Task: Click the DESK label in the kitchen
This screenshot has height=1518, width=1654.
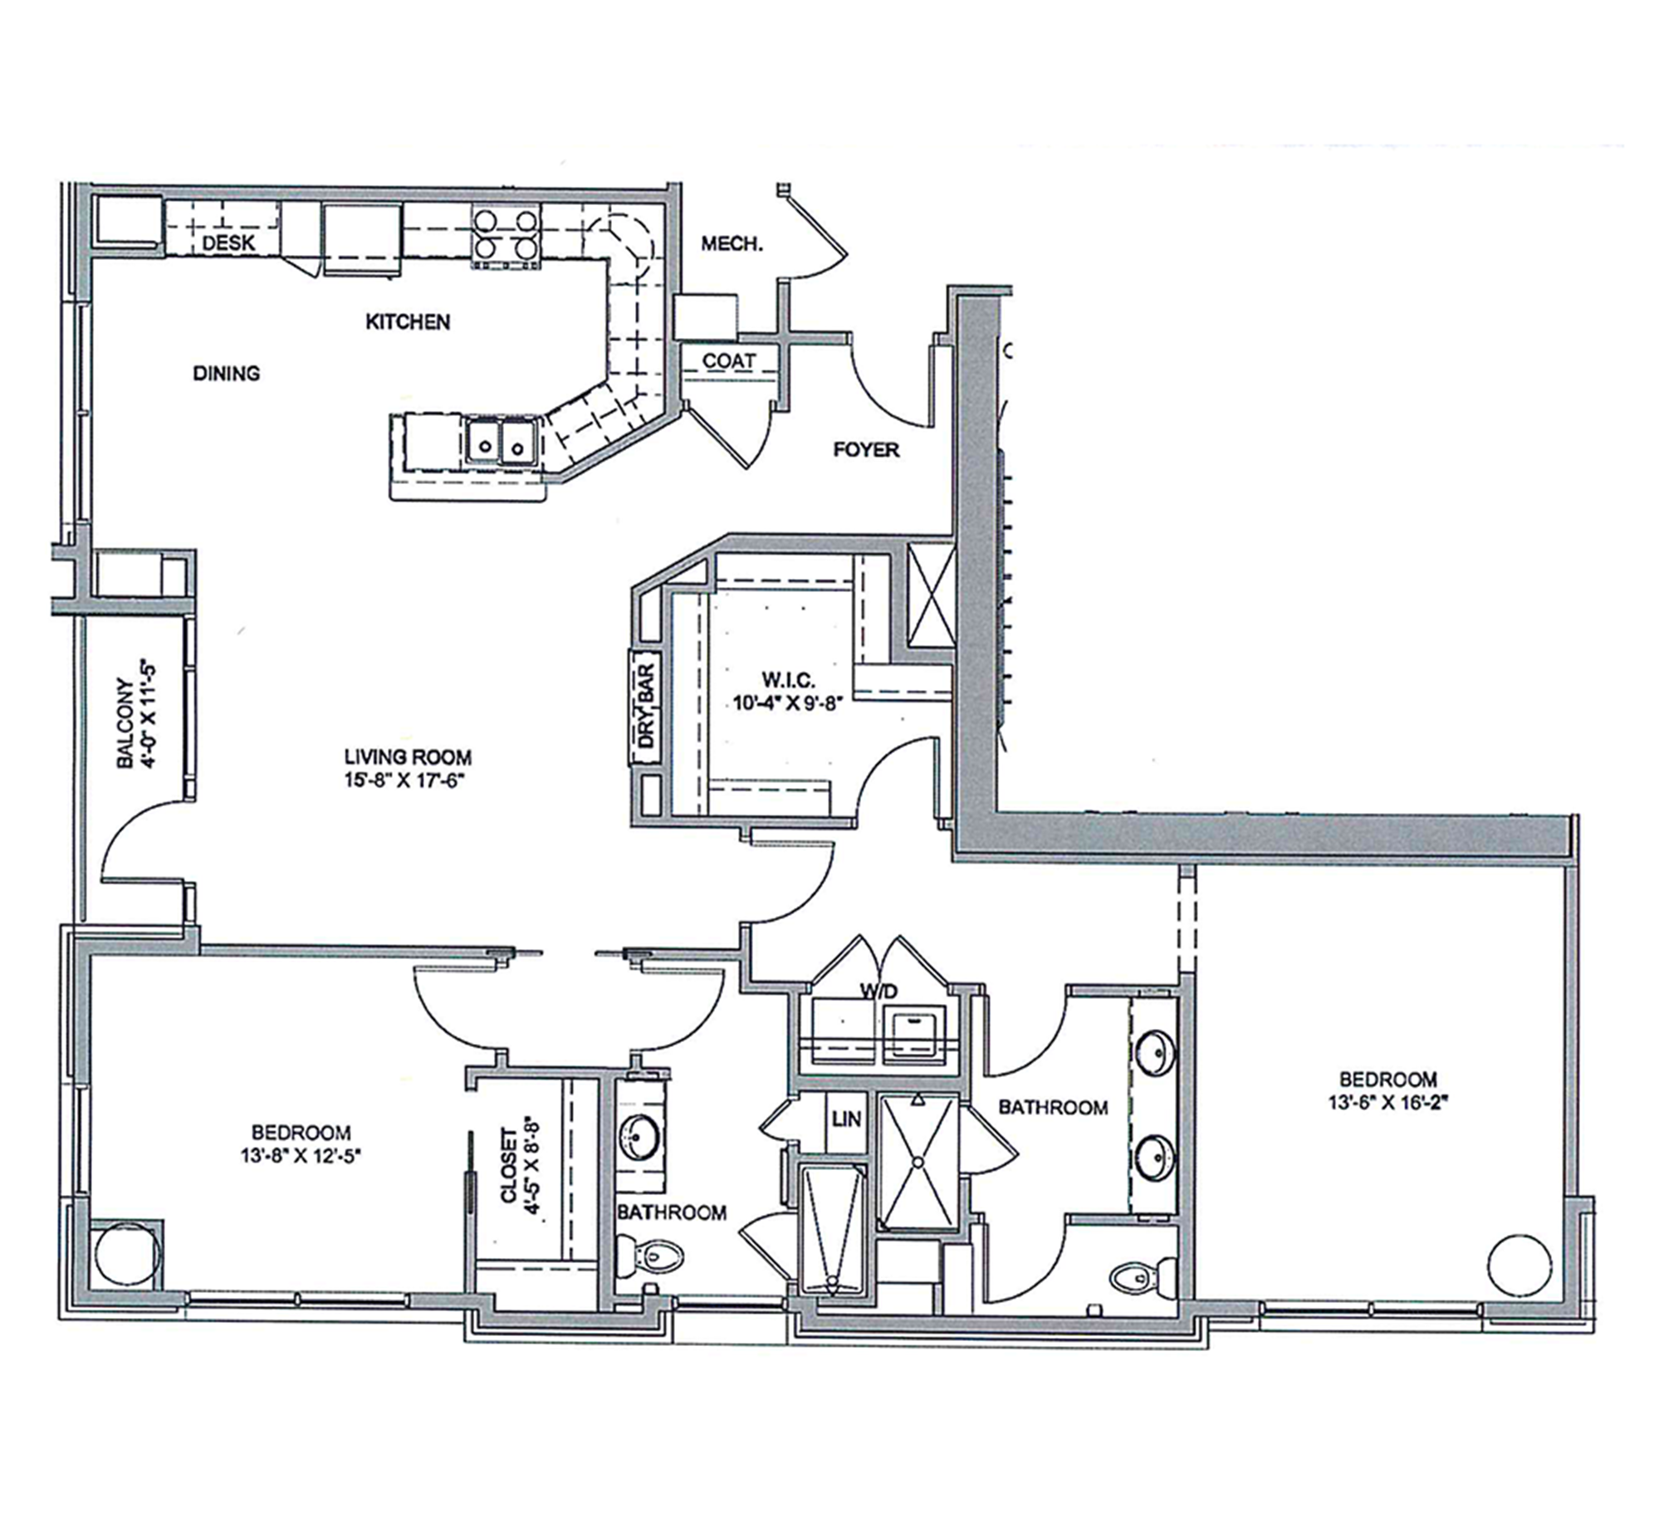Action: [x=228, y=243]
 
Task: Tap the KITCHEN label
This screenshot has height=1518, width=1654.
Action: [x=408, y=321]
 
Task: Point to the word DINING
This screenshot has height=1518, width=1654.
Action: [x=226, y=374]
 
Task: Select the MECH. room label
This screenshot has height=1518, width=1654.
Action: [x=732, y=243]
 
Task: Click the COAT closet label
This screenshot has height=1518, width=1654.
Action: [x=729, y=361]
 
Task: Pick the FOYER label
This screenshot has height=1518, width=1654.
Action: [x=866, y=450]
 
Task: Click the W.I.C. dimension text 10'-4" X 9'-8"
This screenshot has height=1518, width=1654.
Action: [x=788, y=703]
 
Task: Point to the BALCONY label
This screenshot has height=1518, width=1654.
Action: [x=125, y=722]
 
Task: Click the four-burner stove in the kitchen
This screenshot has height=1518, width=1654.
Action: [x=506, y=237]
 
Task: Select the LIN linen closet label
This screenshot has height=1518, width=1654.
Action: [x=846, y=1119]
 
